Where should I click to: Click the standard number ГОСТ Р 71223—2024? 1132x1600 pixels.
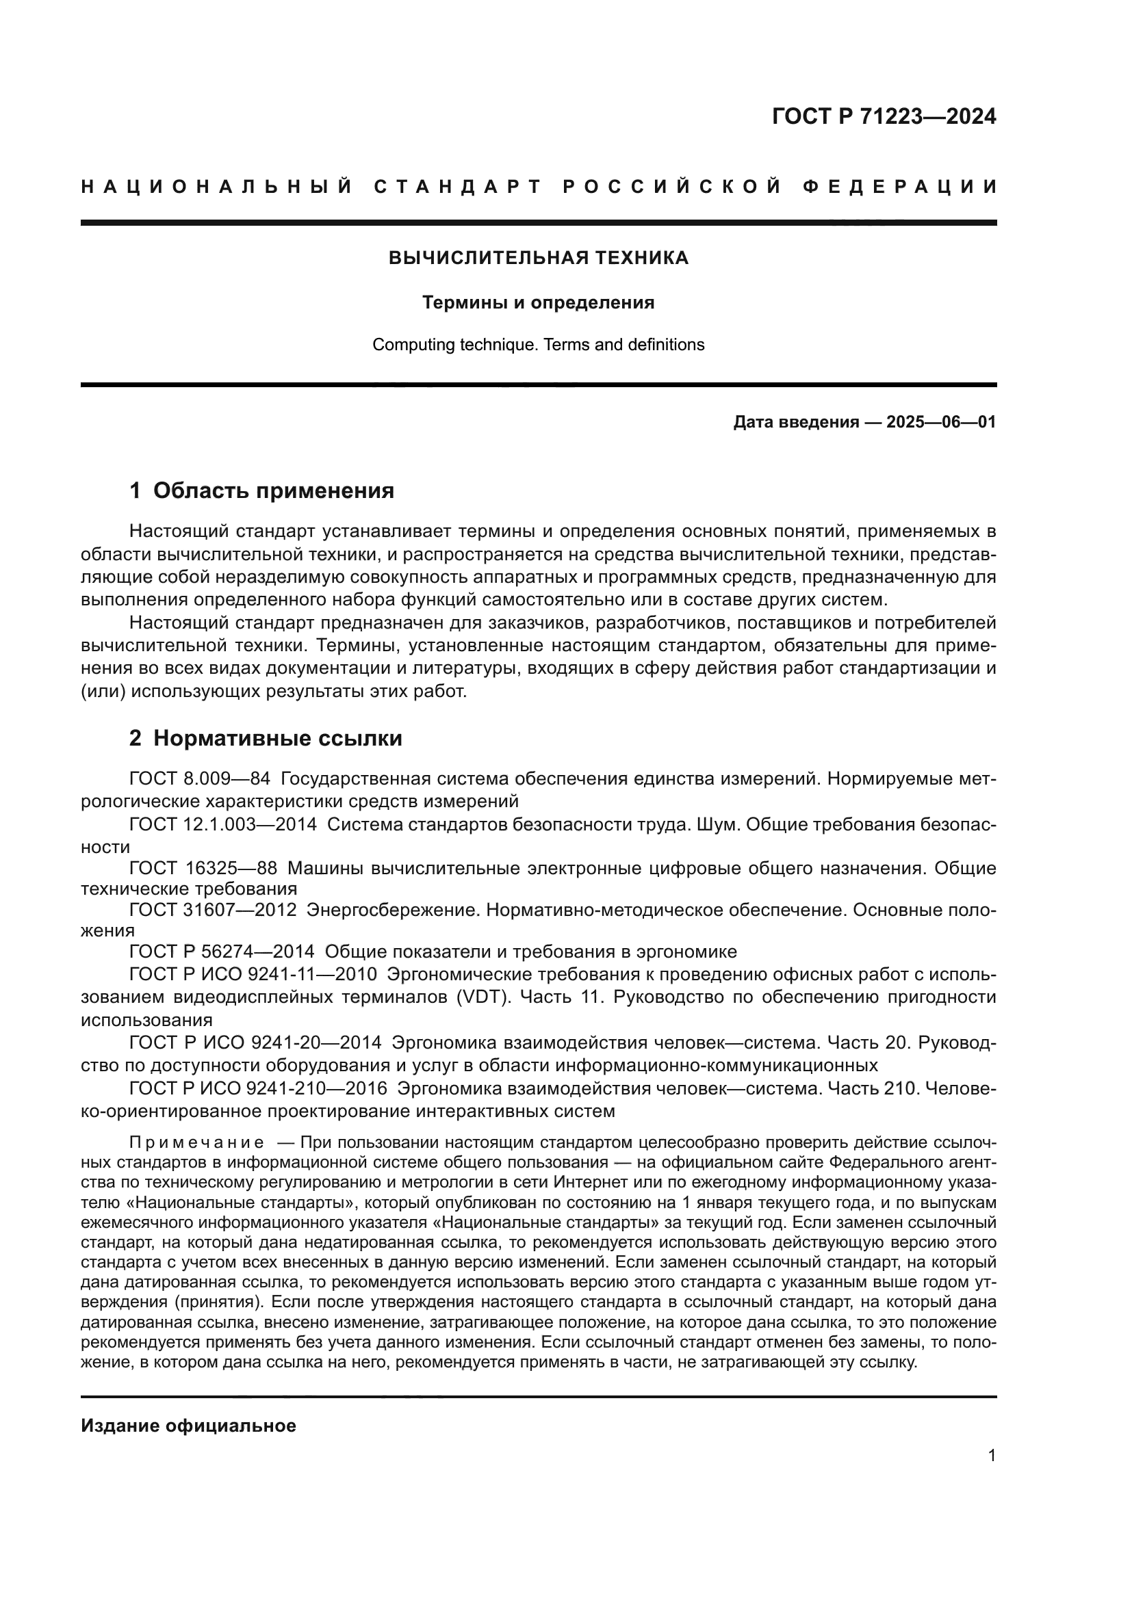(x=884, y=116)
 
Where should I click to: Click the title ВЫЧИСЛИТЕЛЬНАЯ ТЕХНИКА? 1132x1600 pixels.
(x=538, y=258)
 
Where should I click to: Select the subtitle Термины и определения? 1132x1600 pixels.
(x=538, y=302)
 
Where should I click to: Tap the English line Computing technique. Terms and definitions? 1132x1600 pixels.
(x=538, y=344)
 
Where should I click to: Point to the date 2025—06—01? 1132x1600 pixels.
(x=941, y=422)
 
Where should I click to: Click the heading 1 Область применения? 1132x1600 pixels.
(x=261, y=490)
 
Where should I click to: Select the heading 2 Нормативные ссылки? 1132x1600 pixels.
(x=266, y=738)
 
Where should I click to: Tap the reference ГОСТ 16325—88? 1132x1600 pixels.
(x=203, y=868)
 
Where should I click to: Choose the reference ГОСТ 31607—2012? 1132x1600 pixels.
(x=214, y=910)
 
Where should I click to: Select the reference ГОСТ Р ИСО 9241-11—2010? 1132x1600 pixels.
(x=253, y=974)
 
